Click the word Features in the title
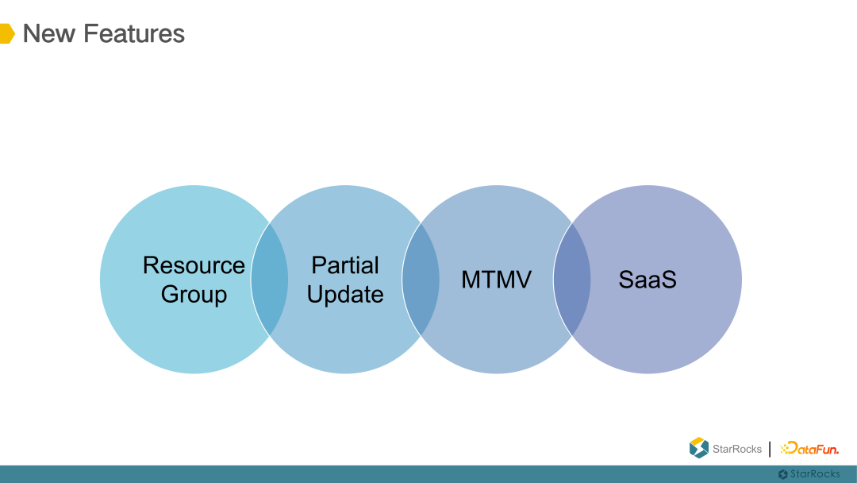[133, 33]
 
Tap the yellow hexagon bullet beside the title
[6, 33]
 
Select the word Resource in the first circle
[194, 265]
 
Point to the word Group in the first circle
[194, 295]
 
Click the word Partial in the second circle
[345, 265]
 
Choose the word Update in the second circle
[345, 295]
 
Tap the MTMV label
[496, 280]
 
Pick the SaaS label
[648, 280]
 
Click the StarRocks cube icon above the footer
[698, 448]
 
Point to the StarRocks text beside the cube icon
[736, 450]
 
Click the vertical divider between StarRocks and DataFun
[770, 449]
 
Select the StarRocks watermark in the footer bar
[809, 474]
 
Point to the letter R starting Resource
[151, 265]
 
